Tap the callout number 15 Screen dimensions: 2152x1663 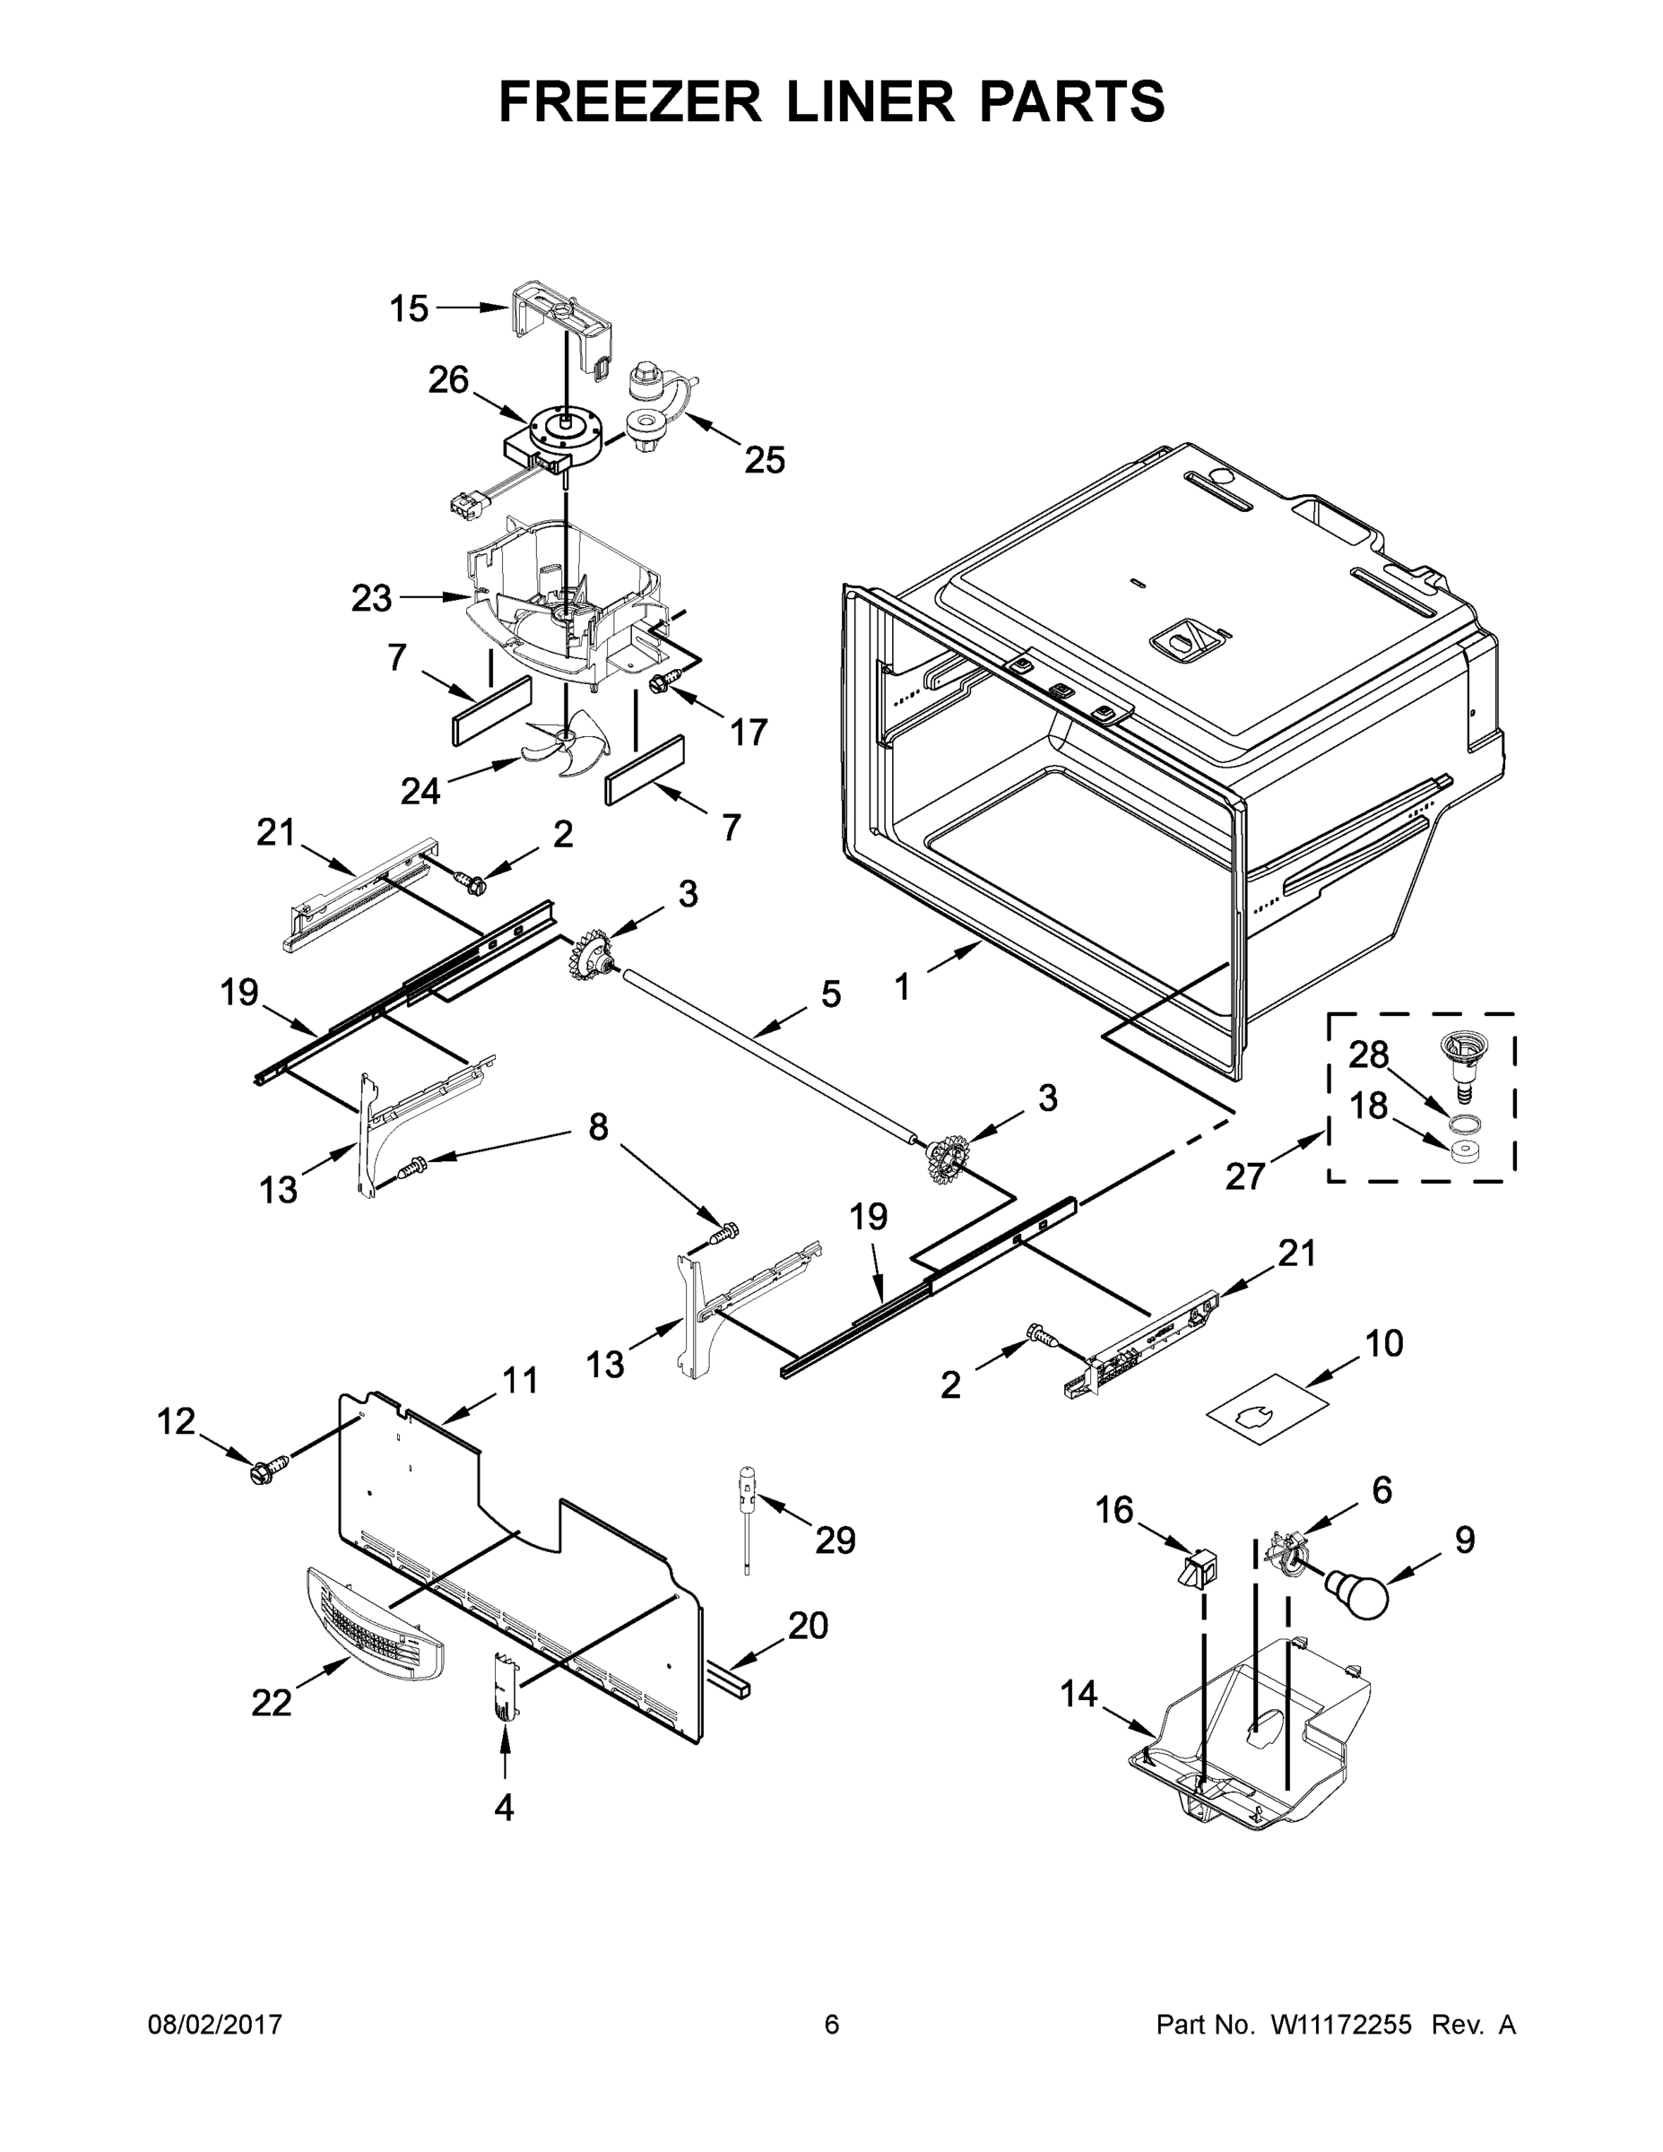tap(408, 308)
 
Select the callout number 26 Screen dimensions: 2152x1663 tap(448, 380)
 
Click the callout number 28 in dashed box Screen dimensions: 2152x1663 tap(1368, 1055)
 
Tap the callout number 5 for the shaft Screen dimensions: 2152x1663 tap(830, 994)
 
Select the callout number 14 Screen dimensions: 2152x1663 tap(1078, 1694)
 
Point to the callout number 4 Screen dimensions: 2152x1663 tap(504, 1807)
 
